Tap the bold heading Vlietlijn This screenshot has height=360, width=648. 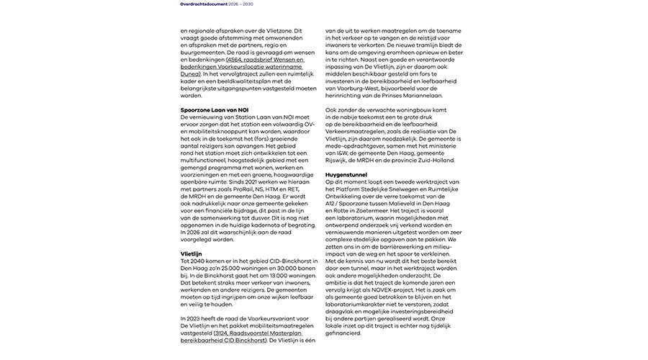192,253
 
